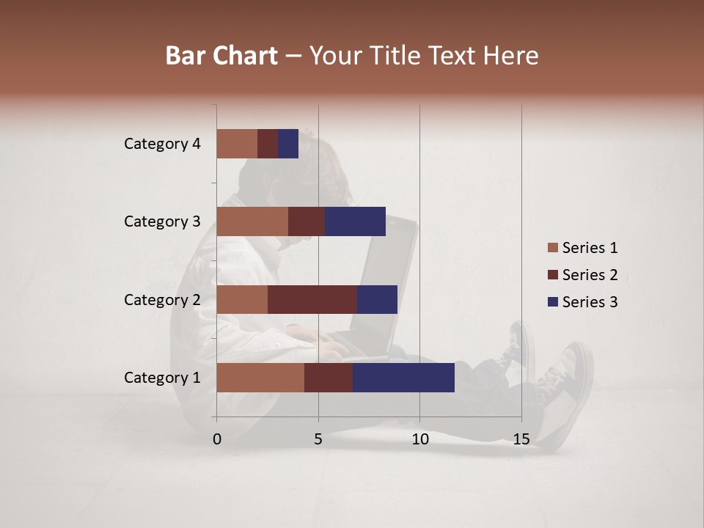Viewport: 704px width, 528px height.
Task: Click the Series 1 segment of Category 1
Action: coord(260,378)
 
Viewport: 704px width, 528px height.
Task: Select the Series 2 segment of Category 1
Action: coord(329,378)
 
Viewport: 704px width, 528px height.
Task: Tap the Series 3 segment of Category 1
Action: coord(403,378)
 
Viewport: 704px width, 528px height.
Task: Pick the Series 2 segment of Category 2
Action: coord(312,299)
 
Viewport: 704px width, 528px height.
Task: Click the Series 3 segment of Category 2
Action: coord(377,299)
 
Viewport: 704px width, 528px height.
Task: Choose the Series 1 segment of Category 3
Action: coord(252,221)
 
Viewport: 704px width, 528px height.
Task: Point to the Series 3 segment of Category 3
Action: coord(356,221)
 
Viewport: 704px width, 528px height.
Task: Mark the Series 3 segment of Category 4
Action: coord(288,144)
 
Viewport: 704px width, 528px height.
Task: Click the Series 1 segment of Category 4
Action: coord(237,144)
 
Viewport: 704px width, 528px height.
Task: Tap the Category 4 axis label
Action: coord(162,144)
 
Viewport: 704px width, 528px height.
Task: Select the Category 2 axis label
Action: coord(162,299)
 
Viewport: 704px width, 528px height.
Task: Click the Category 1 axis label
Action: coord(162,378)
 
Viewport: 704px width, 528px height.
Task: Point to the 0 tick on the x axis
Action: coord(217,439)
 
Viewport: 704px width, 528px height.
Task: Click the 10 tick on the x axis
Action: coord(419,439)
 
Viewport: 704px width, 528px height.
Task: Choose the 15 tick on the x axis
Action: coord(521,439)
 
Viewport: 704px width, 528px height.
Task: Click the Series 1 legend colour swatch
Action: coord(552,248)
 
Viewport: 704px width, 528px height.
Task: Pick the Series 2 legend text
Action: coord(590,275)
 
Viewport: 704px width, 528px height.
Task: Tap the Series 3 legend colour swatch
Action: coord(552,302)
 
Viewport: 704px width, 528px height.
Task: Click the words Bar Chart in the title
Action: coord(221,56)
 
